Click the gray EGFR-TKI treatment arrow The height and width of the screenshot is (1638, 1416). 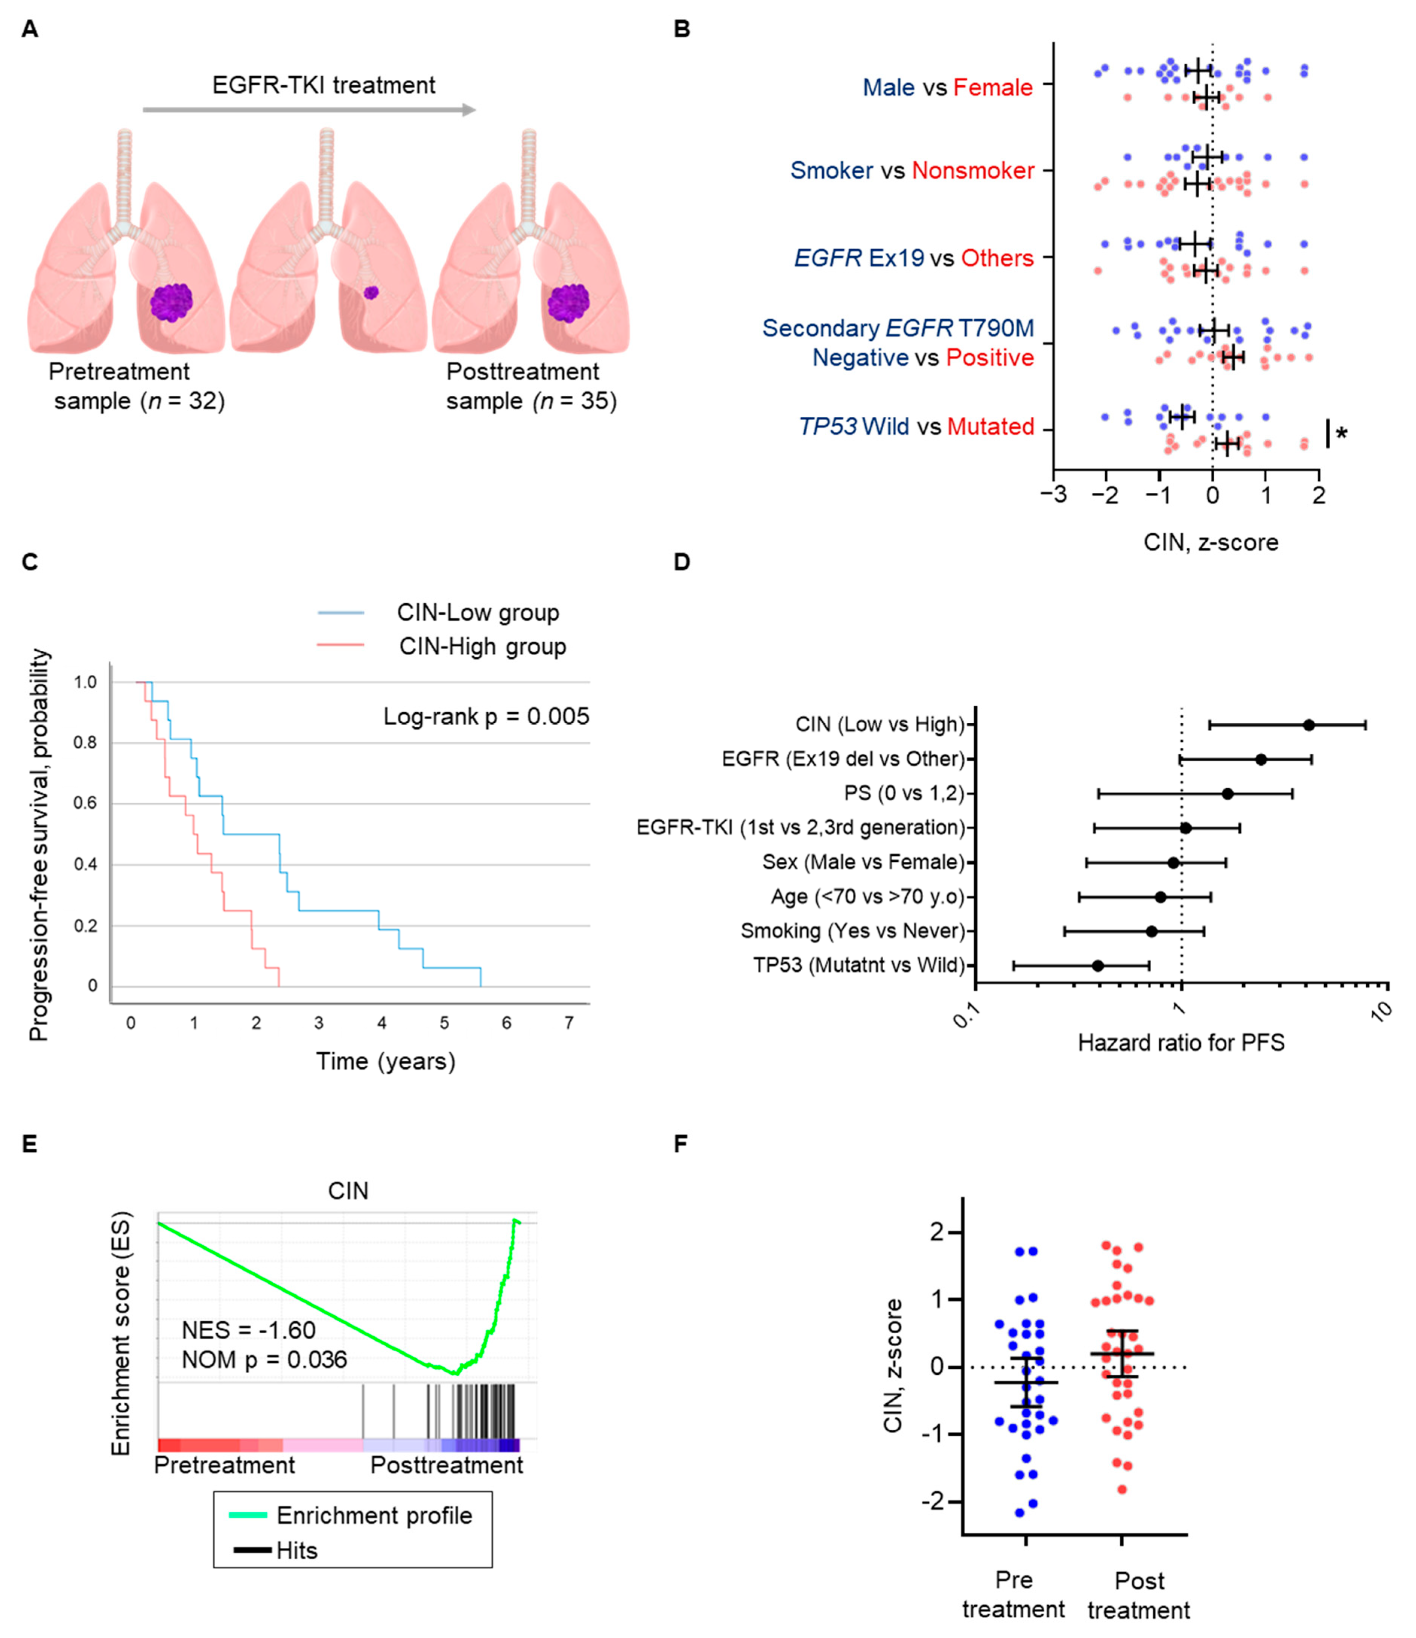309,110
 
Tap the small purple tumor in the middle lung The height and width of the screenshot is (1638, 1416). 371,293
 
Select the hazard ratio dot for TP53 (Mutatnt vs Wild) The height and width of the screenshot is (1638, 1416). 1097,965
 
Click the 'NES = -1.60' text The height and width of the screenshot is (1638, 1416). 248,1330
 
